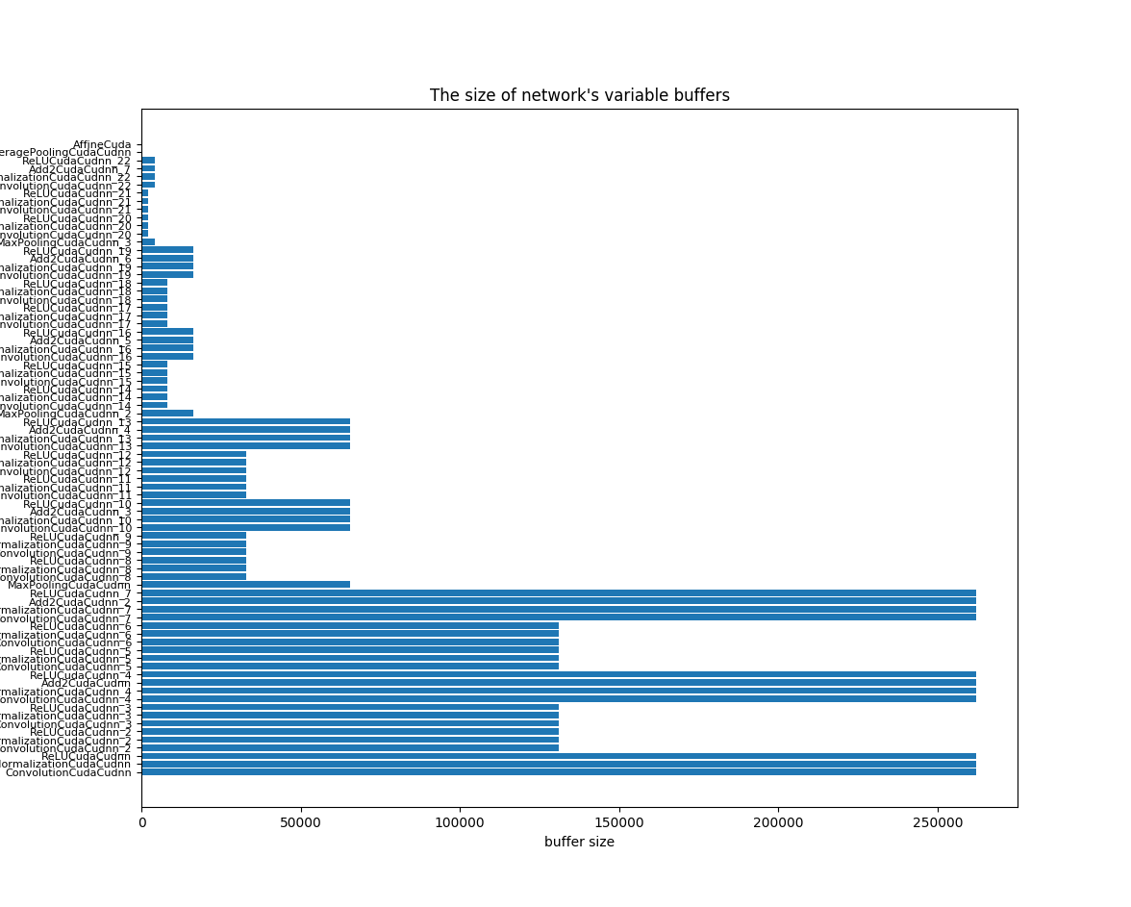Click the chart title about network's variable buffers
[x=579, y=95]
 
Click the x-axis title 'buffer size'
[x=579, y=842]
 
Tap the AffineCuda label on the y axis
[x=102, y=144]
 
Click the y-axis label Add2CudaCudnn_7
[x=80, y=169]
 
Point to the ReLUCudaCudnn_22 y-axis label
[x=77, y=161]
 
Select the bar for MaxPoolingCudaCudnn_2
[x=167, y=413]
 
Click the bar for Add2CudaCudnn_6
[x=167, y=258]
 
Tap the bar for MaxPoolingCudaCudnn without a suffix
[x=245, y=584]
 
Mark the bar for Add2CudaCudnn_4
[x=245, y=429]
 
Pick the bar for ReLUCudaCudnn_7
[x=558, y=592]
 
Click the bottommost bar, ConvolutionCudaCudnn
[x=558, y=771]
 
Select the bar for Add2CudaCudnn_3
[x=245, y=511]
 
